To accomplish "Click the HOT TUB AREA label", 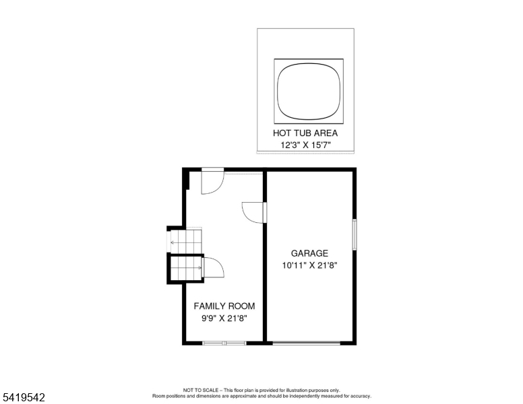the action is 305,133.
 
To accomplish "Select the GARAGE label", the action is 309,253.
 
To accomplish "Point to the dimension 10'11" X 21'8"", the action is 309,265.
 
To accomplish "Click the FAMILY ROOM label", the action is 224,306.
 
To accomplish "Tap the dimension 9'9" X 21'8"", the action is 224,318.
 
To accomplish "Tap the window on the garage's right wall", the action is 355,234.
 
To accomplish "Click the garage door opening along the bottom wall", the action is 306,343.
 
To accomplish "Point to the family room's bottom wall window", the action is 224,343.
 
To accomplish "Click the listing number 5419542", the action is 24,397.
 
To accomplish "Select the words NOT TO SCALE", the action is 200,390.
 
